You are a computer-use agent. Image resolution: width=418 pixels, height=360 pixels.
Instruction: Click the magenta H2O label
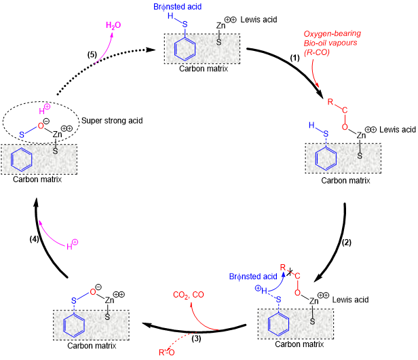point(113,25)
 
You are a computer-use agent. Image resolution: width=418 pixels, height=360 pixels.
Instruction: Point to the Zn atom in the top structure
point(221,26)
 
